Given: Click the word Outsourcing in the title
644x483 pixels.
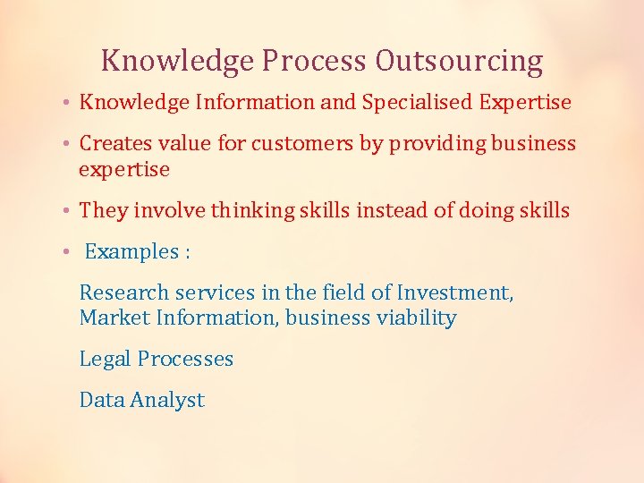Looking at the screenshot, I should tap(459, 61).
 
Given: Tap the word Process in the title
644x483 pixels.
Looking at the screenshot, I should tap(315, 61).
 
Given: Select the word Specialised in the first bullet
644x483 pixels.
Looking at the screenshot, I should tap(417, 103).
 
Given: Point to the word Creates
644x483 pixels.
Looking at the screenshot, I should tap(113, 144).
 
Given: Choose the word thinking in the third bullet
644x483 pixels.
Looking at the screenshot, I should tap(244, 211).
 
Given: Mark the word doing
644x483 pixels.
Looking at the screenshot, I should tap(484, 211).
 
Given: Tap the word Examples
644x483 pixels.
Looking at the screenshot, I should tap(131, 252).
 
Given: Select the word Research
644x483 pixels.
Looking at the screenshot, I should tap(123, 292).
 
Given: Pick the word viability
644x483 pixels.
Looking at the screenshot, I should tap(419, 318).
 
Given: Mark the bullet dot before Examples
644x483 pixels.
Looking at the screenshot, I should tap(68, 252).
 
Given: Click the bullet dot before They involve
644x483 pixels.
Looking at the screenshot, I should tap(68, 211).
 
